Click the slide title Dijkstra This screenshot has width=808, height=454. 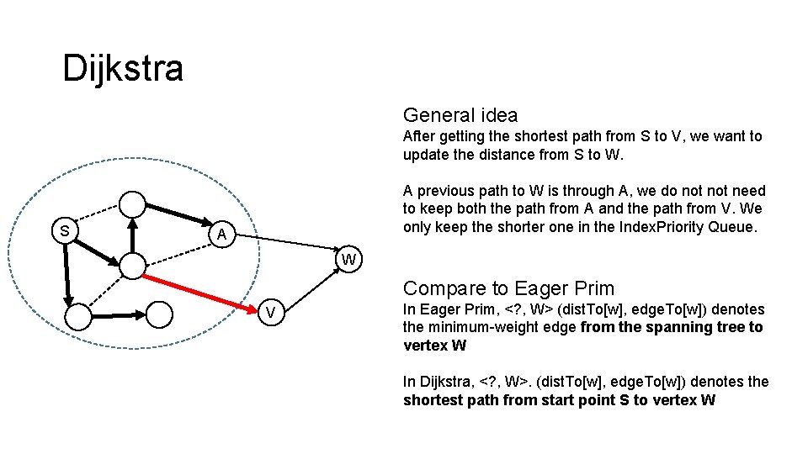(x=123, y=68)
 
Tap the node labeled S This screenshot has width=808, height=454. (x=63, y=230)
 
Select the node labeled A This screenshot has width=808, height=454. (x=221, y=235)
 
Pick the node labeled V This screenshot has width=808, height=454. (x=270, y=314)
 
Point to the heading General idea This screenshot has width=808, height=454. (x=460, y=115)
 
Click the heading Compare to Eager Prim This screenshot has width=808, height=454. (x=509, y=288)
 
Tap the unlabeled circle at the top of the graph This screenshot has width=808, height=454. (x=132, y=203)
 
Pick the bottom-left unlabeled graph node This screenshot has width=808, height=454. (x=77, y=316)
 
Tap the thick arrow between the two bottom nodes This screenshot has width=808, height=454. (x=119, y=315)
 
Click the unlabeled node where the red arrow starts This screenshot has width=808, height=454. (x=133, y=267)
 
